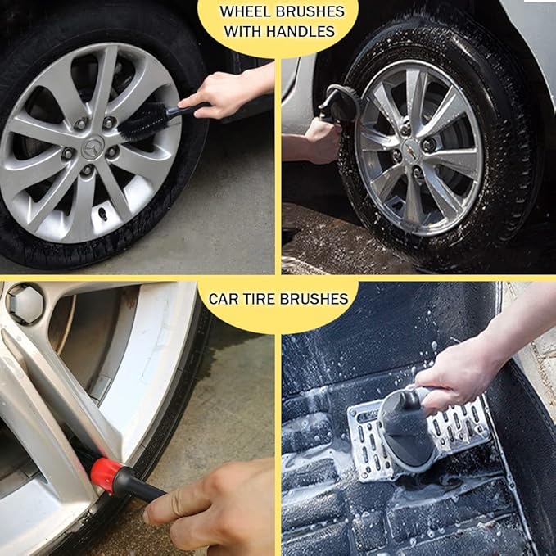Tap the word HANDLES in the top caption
tap(301, 32)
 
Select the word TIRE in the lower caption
tap(259, 299)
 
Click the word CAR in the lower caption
tap(224, 299)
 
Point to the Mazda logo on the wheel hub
tap(93, 147)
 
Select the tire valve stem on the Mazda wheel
tap(103, 214)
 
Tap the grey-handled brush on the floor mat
tap(407, 429)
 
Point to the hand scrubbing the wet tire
tap(322, 140)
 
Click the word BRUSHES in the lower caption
tap(314, 299)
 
